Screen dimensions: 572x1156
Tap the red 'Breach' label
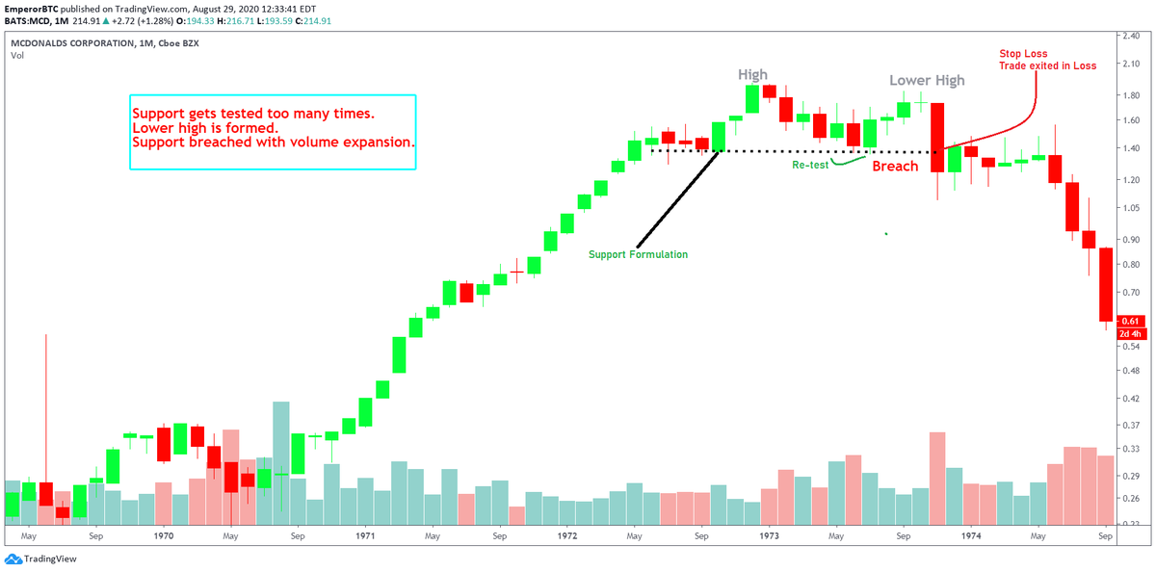pyautogui.click(x=896, y=167)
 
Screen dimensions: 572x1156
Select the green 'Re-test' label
pyautogui.click(x=810, y=165)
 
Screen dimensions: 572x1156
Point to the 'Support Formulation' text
pyautogui.click(x=638, y=254)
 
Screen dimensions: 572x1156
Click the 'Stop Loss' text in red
pyautogui.click(x=1024, y=55)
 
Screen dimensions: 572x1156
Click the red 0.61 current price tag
pyautogui.click(x=1130, y=322)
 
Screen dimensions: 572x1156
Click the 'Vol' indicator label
pyautogui.click(x=17, y=56)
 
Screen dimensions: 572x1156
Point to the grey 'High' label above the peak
pyautogui.click(x=753, y=74)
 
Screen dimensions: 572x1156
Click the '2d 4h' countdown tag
pyautogui.click(x=1130, y=334)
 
